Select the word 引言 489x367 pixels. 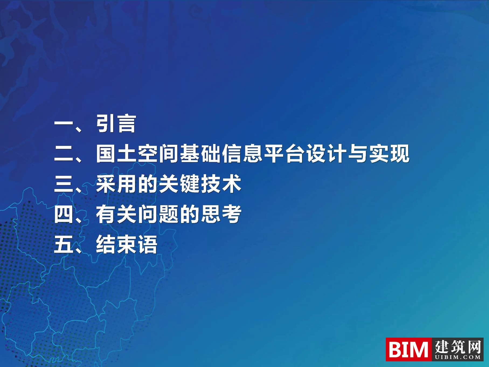116,124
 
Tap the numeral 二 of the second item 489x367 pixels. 64,154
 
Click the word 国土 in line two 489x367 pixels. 116,154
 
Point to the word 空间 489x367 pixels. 158,154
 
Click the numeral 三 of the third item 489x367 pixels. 64,184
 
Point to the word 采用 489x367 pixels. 116,184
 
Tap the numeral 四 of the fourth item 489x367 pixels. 64,214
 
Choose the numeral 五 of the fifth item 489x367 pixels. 64,244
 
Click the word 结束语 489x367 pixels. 127,244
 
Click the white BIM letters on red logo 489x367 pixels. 408,349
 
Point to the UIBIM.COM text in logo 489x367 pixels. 458,357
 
